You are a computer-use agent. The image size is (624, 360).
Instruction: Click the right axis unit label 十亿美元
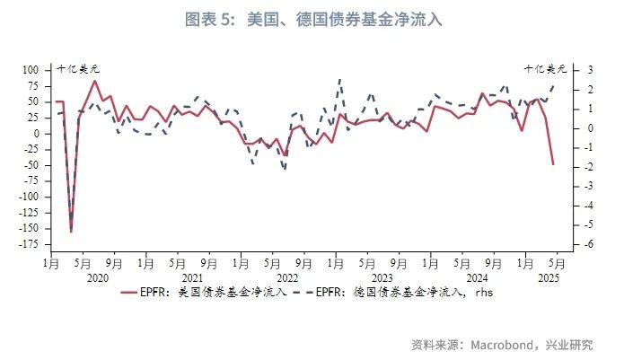[546, 67]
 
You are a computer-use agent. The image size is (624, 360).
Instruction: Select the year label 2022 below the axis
[288, 278]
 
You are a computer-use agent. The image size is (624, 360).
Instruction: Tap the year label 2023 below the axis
[382, 278]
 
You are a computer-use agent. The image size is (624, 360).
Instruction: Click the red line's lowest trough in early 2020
[71, 232]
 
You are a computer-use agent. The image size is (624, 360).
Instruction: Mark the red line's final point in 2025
[553, 164]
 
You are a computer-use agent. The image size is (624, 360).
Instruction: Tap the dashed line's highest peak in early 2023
[340, 80]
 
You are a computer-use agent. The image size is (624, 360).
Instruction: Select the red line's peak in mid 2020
[94, 81]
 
